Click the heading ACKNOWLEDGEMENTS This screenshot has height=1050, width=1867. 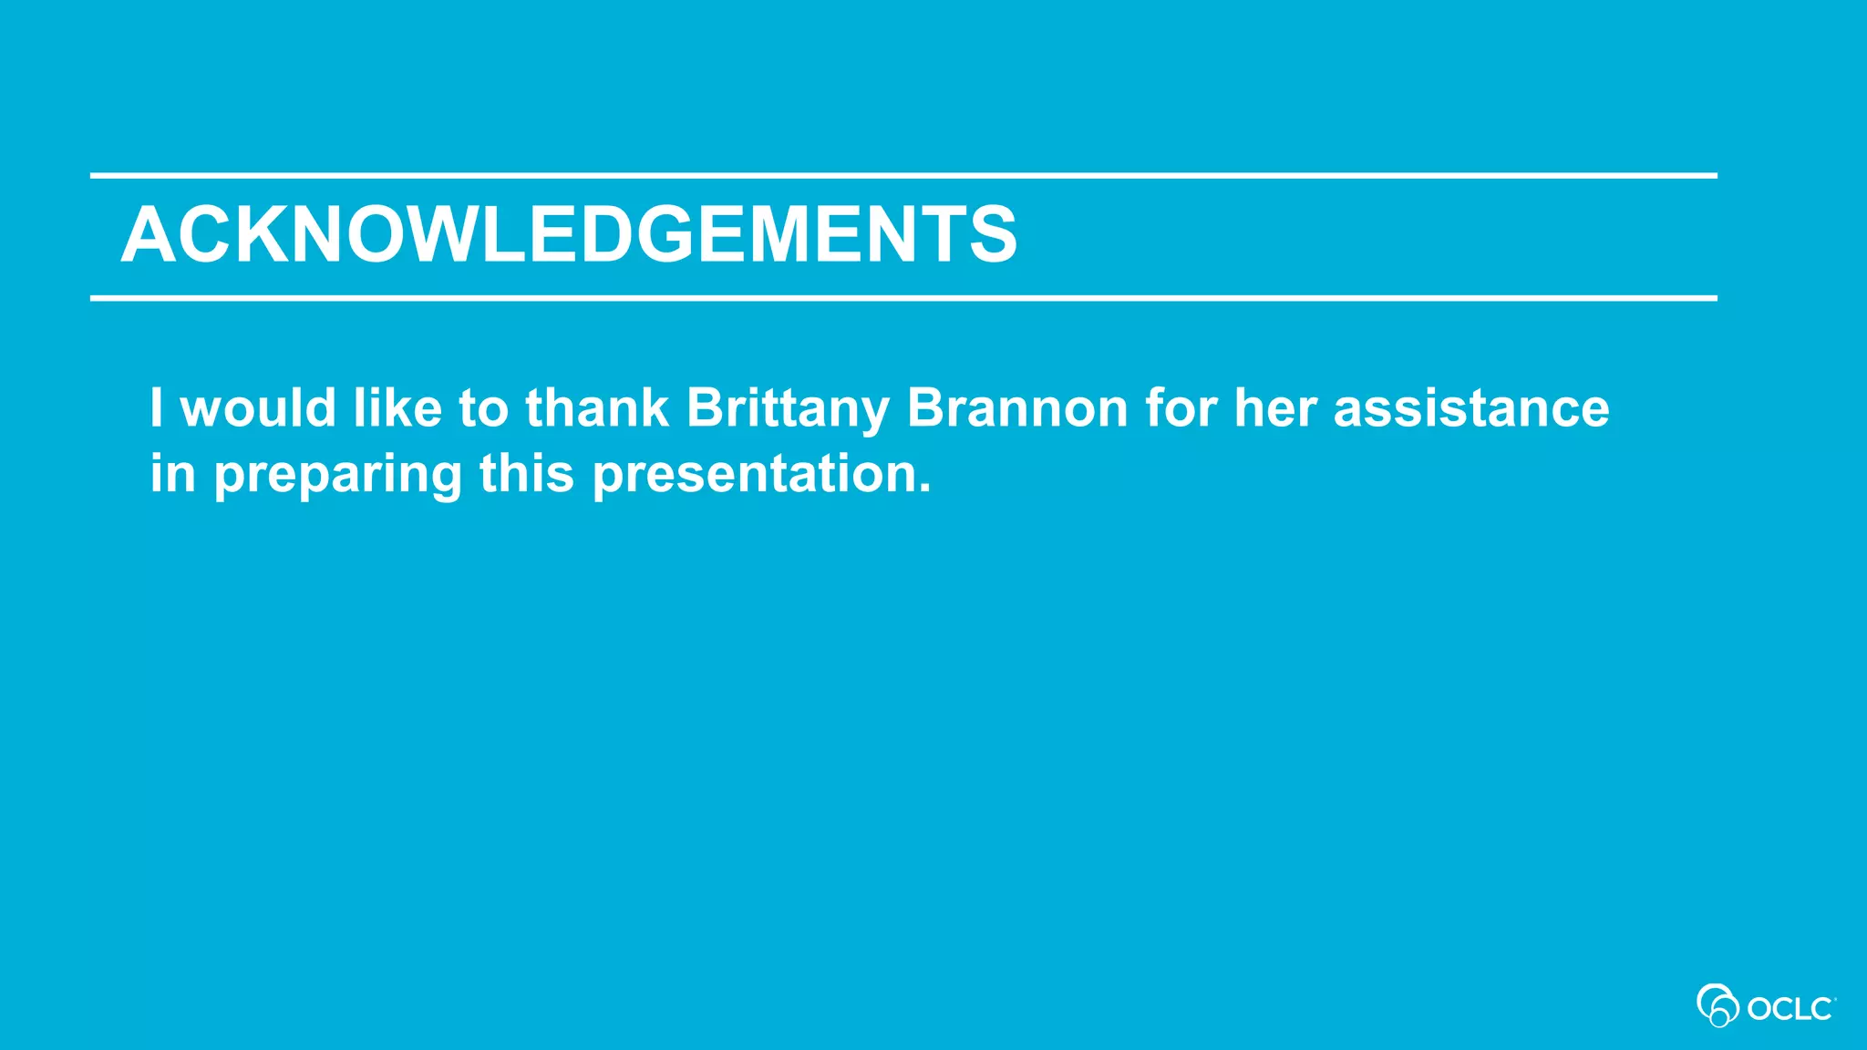click(569, 235)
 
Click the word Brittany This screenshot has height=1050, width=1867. click(788, 408)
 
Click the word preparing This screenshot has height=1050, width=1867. click(337, 476)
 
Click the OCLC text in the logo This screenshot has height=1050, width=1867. click(1790, 1009)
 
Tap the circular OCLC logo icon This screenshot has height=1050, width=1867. click(1717, 1005)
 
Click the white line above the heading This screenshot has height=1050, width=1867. click(903, 175)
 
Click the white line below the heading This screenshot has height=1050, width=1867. click(903, 298)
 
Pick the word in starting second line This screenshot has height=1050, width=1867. click(172, 474)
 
